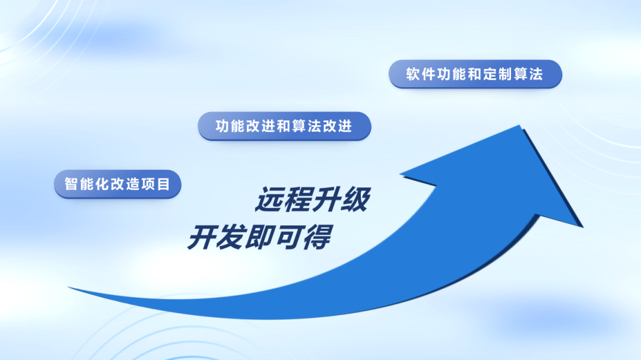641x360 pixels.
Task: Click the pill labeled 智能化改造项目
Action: [x=118, y=184]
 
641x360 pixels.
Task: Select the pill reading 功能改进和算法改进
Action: [x=284, y=126]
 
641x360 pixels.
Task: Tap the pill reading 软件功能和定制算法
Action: [x=475, y=74]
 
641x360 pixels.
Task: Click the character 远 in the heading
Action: [x=270, y=199]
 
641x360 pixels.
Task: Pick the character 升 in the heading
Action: [x=326, y=199]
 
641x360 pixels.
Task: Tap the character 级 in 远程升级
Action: [x=356, y=199]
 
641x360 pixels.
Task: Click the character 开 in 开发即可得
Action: [x=202, y=237]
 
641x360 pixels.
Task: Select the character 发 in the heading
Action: [x=230, y=237]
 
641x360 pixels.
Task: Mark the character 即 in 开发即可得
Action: [x=259, y=237]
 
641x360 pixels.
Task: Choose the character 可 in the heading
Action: [x=288, y=237]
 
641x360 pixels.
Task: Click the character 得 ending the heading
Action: [x=316, y=237]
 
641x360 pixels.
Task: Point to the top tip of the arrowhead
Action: [x=519, y=126]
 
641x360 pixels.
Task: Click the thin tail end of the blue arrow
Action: [x=69, y=288]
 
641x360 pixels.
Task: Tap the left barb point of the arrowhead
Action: [x=401, y=175]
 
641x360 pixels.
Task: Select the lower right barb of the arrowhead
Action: [x=582, y=227]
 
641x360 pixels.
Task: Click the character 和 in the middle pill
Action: [x=284, y=126]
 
